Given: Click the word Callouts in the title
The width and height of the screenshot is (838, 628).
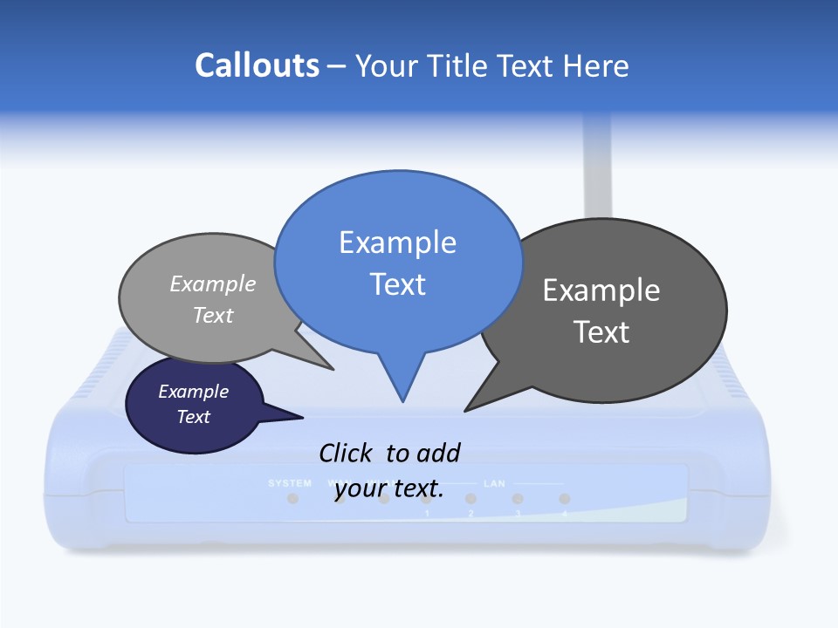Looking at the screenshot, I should click(258, 65).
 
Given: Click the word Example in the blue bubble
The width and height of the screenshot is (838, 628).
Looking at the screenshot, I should click(397, 242).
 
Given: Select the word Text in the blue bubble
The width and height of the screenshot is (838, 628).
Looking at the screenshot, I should click(397, 284).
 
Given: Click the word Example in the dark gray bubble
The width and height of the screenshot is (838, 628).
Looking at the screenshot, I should click(601, 290).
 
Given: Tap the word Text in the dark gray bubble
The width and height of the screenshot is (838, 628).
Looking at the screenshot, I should click(601, 332).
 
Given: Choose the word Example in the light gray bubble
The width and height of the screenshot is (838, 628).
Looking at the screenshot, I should click(213, 284).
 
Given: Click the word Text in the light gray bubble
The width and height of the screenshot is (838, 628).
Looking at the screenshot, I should click(213, 315).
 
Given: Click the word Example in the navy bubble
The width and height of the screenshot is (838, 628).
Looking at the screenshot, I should click(194, 392).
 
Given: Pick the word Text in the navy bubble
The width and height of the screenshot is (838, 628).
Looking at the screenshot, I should click(194, 417).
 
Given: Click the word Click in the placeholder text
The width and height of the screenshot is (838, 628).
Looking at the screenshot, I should click(346, 453).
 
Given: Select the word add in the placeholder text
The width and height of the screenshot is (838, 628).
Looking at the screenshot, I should click(438, 453).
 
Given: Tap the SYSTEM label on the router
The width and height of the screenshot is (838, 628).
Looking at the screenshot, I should click(290, 482).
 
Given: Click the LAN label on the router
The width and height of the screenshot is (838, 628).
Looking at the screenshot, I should click(495, 482).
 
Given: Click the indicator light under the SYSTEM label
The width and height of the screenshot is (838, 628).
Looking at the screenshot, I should click(292, 498).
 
